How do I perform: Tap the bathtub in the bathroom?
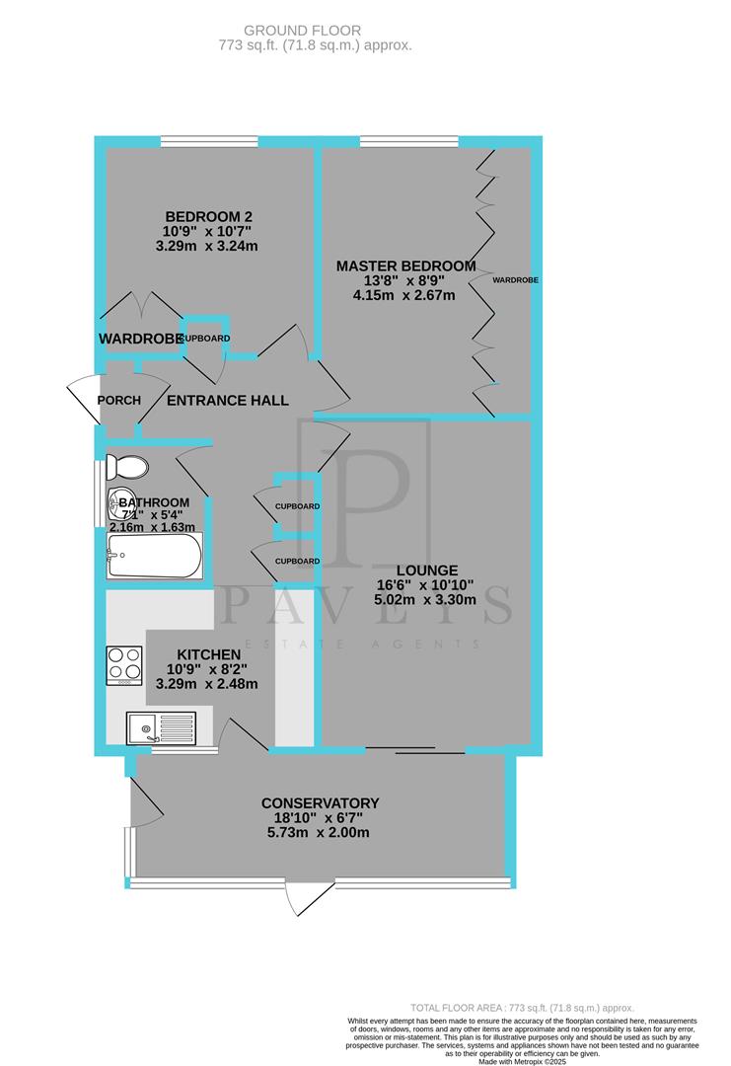(155, 558)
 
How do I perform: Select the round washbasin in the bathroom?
(123, 503)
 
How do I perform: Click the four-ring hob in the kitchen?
(124, 665)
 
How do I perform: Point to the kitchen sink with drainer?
(163, 729)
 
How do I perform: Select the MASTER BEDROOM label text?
(405, 266)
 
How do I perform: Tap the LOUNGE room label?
(427, 570)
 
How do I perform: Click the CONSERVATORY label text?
(320, 802)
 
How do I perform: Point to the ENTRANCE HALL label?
(227, 400)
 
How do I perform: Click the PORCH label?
(119, 400)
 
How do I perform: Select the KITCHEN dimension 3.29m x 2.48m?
(207, 684)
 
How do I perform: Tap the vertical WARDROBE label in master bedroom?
(517, 280)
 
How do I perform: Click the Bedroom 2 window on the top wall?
(209, 141)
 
